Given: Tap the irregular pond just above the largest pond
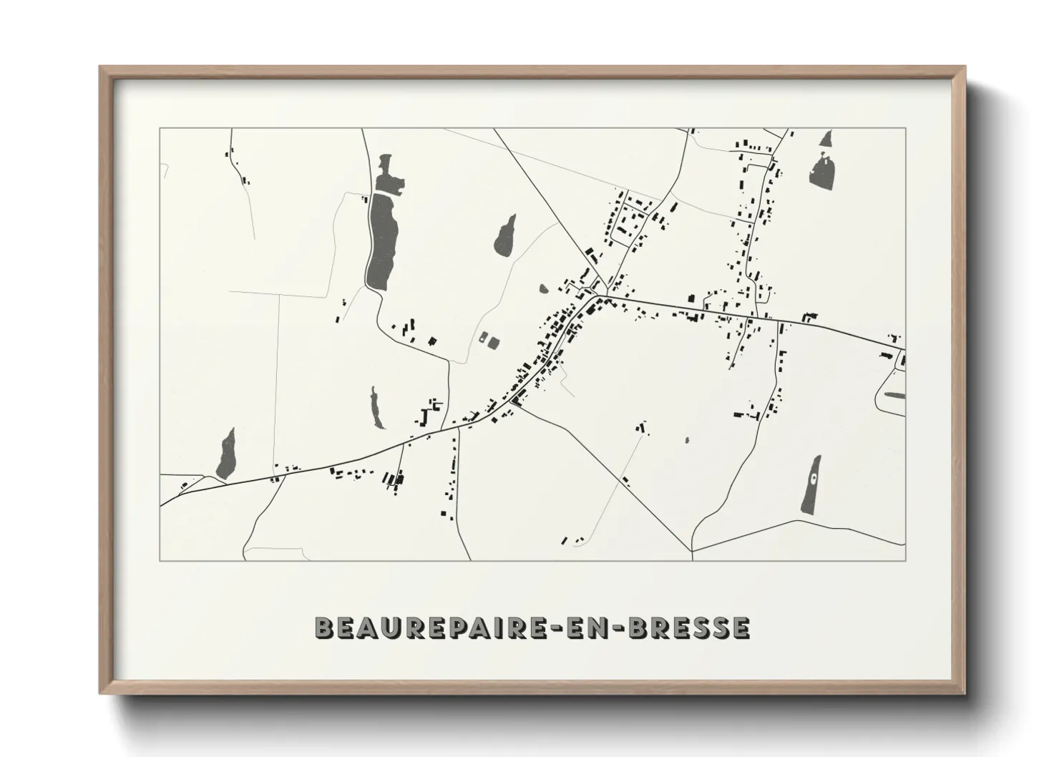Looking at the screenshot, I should pos(387,175).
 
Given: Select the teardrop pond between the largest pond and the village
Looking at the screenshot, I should pos(505,235).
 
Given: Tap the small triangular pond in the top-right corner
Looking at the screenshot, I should pos(827,138).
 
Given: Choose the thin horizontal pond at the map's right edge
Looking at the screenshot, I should pos(895,394).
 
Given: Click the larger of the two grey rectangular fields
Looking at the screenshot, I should pos(494,342).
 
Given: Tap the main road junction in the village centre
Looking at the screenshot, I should pos(601,295).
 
